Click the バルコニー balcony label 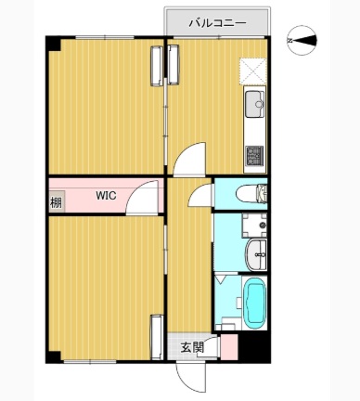[218, 23]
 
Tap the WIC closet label [106, 196]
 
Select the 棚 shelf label [56, 203]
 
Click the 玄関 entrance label [192, 347]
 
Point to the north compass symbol [302, 41]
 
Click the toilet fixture [251, 194]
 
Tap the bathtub [254, 304]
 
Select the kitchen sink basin [254, 104]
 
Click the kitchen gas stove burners [254, 155]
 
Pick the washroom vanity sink [256, 254]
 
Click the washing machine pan [254, 226]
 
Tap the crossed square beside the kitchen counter [253, 71]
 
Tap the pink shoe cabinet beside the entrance [229, 346]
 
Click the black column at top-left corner [53, 44]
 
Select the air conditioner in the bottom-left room [157, 337]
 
